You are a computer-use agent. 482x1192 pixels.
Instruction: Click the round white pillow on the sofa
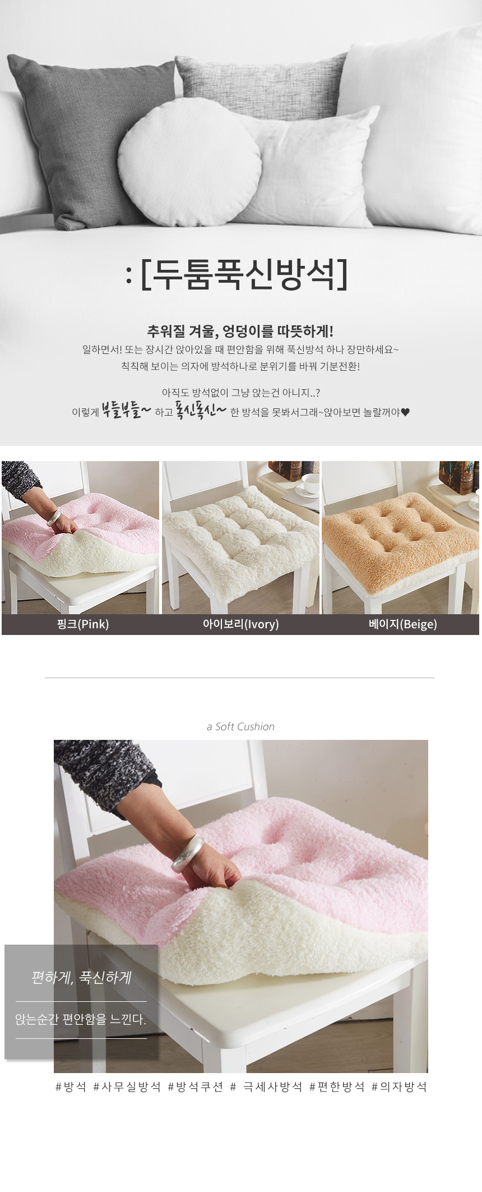click(x=189, y=163)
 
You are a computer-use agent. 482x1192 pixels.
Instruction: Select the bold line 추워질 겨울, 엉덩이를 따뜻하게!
click(x=240, y=331)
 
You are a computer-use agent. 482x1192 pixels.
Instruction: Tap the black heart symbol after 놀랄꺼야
click(x=406, y=412)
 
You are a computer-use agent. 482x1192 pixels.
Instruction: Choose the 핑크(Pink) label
click(x=83, y=624)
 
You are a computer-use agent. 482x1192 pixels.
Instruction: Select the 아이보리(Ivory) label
click(x=241, y=624)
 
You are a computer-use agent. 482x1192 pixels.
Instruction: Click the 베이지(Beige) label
click(x=403, y=624)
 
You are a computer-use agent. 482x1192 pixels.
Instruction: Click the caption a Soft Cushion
click(x=240, y=726)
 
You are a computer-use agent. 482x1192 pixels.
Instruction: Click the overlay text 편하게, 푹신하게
click(x=81, y=978)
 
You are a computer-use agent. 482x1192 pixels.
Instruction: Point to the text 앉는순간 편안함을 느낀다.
click(x=81, y=1019)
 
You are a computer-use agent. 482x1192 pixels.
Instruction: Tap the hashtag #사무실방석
click(x=127, y=1087)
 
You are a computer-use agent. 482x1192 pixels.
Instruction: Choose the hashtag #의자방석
click(x=400, y=1087)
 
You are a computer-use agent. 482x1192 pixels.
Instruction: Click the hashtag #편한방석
click(x=337, y=1087)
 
